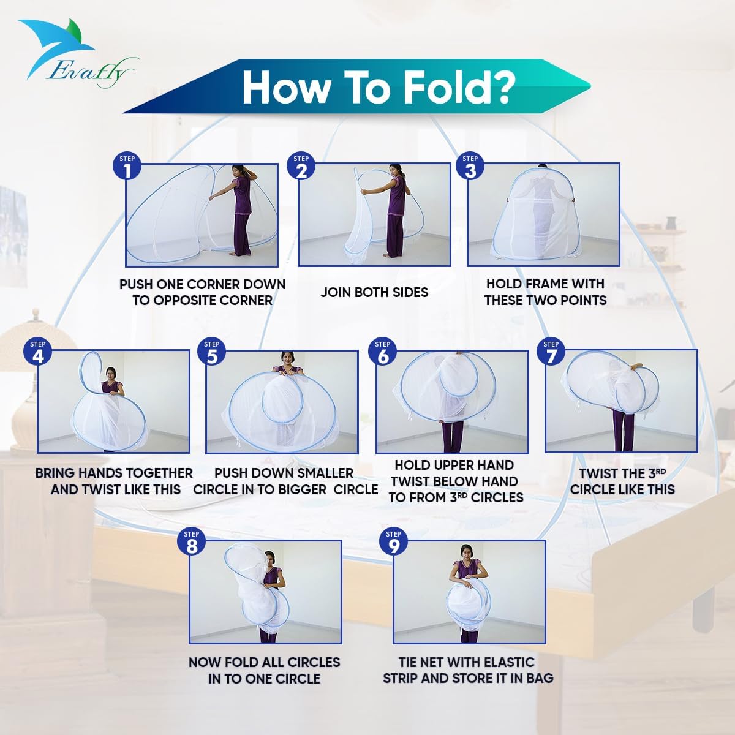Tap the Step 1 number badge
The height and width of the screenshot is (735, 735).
[127, 167]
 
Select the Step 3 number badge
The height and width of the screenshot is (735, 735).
[470, 167]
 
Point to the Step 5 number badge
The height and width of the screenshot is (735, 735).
[211, 353]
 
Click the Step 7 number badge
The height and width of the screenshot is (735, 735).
[551, 353]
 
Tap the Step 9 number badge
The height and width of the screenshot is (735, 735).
[394, 543]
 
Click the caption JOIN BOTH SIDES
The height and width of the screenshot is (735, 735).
[374, 292]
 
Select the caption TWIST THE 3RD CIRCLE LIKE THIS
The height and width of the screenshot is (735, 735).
[622, 481]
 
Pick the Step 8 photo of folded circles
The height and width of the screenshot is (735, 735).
[265, 591]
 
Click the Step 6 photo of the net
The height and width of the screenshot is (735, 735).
[451, 402]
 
